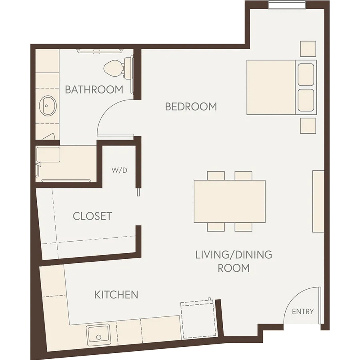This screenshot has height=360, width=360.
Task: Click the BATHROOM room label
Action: coord(94,90)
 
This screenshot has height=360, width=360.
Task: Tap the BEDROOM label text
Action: coord(191,107)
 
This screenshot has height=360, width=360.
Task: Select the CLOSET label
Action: coord(92,216)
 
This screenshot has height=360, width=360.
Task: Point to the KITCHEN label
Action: coord(116,294)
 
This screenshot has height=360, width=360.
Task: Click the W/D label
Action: coord(119,170)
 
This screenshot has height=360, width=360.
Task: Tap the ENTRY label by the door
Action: coord(303,312)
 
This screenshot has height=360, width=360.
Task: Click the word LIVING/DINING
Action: coord(234,255)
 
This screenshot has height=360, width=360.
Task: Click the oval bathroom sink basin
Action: coord(48,106)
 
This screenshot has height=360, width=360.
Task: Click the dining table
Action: coord(230,201)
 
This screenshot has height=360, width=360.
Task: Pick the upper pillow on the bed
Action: coord(306,75)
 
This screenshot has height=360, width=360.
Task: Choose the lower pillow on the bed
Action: coord(306,100)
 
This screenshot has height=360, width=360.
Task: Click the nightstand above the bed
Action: coord(308,49)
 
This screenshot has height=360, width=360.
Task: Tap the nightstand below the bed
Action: coord(308,126)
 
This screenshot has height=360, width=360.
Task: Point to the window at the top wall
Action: coord(287,5)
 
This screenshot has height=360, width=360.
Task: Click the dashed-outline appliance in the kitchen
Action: coord(199,319)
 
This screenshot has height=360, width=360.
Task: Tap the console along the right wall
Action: coord(318,201)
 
